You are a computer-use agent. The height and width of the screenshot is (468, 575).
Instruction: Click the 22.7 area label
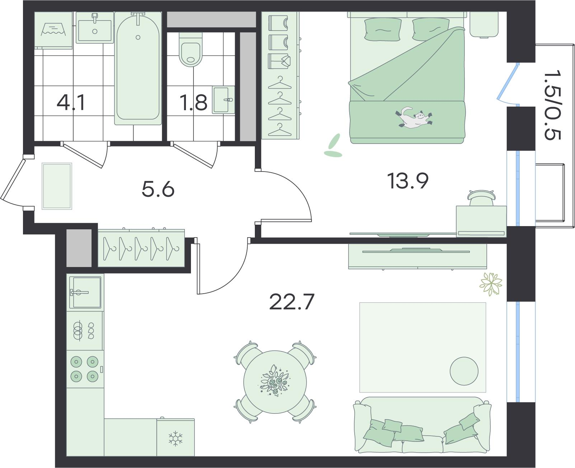click(292, 302)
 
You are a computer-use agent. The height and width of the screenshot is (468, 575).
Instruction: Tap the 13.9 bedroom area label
click(408, 181)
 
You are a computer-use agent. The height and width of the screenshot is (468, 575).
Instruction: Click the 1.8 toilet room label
click(193, 103)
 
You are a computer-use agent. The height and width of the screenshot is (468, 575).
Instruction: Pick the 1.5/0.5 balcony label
click(552, 105)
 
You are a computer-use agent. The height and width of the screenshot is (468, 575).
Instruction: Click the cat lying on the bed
click(414, 117)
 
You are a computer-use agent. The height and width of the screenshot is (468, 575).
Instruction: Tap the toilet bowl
click(191, 50)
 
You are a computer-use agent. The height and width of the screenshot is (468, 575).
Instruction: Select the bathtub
click(138, 69)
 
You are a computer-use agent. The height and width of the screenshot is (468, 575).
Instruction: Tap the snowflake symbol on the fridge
click(176, 438)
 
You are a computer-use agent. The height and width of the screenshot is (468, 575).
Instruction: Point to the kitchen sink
click(85, 292)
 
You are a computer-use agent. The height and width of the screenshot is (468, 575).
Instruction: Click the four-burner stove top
click(85, 369)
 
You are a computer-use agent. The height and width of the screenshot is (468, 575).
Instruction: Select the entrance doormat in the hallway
click(57, 186)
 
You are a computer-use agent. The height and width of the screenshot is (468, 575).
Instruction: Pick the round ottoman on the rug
click(464, 371)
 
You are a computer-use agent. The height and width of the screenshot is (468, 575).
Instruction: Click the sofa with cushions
click(422, 425)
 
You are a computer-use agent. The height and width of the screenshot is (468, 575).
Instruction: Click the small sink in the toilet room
click(223, 99)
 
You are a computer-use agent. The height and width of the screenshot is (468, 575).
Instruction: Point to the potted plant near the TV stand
click(491, 284)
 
